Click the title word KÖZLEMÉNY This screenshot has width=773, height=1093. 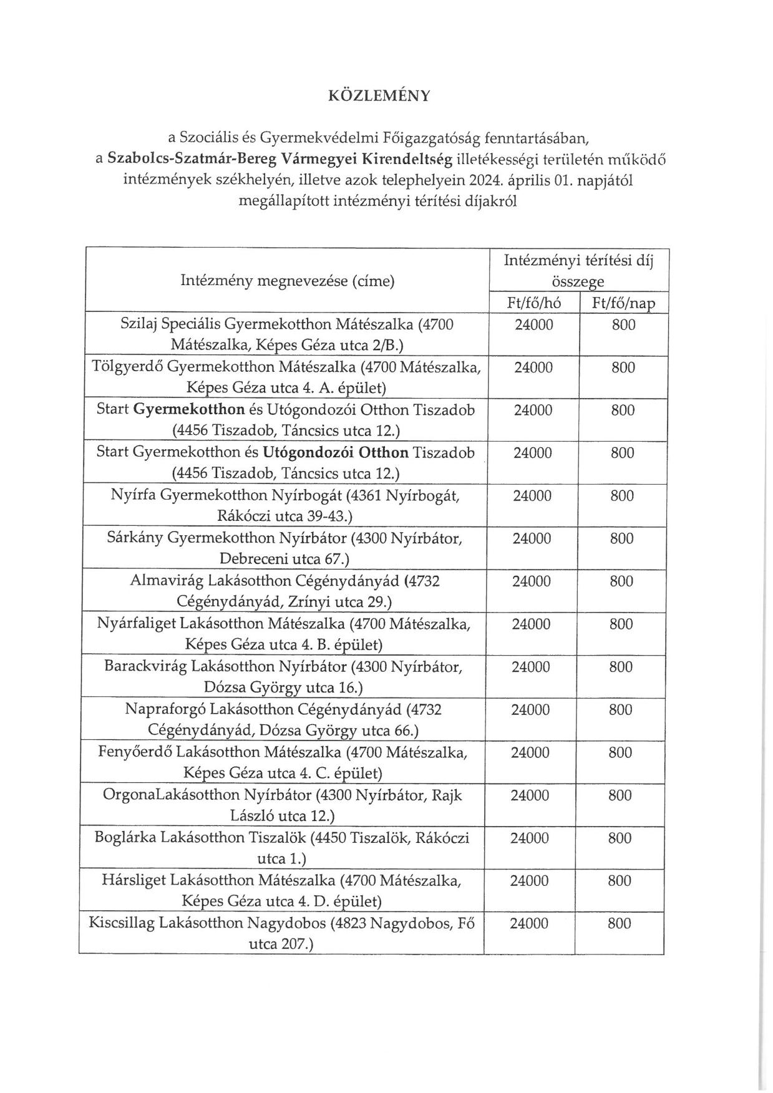[x=379, y=95]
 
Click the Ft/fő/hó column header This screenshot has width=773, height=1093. [x=534, y=303]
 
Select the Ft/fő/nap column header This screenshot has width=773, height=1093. [x=623, y=303]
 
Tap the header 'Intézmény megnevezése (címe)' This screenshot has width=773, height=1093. [x=288, y=281]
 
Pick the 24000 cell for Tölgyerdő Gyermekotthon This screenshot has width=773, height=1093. [x=533, y=367]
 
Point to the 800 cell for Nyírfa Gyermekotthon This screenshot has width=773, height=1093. [x=623, y=496]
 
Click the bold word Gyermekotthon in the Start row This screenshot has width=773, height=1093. [x=188, y=410]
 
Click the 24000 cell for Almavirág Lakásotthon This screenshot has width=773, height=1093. [x=532, y=581]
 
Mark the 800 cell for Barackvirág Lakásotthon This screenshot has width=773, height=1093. [x=621, y=667]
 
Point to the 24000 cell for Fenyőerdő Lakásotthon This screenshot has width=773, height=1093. [x=530, y=753]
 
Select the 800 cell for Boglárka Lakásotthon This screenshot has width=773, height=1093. [x=620, y=838]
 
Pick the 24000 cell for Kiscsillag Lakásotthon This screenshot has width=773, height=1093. [x=529, y=924]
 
